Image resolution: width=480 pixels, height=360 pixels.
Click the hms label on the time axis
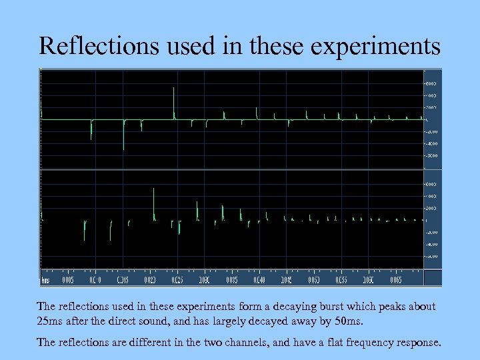(46, 280)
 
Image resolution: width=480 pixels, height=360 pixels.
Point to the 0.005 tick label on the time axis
(67, 280)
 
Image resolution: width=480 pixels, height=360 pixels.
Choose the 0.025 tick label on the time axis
(177, 280)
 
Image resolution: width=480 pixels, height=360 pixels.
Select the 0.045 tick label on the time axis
(286, 280)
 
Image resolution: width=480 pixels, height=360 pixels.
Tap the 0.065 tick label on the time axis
(395, 280)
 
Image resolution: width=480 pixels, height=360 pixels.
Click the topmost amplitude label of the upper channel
(431, 83)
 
